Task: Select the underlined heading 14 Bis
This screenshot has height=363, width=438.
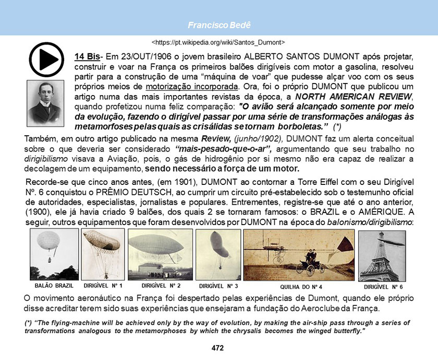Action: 87,56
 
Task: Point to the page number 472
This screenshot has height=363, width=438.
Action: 218,348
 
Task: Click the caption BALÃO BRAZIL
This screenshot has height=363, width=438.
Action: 54,286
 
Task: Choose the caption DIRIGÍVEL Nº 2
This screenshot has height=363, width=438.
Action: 161,286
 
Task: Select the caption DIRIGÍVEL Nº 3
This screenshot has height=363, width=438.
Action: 219,286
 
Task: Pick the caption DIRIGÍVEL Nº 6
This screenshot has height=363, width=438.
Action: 383,287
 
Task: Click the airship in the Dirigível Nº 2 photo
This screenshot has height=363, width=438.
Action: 161,244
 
